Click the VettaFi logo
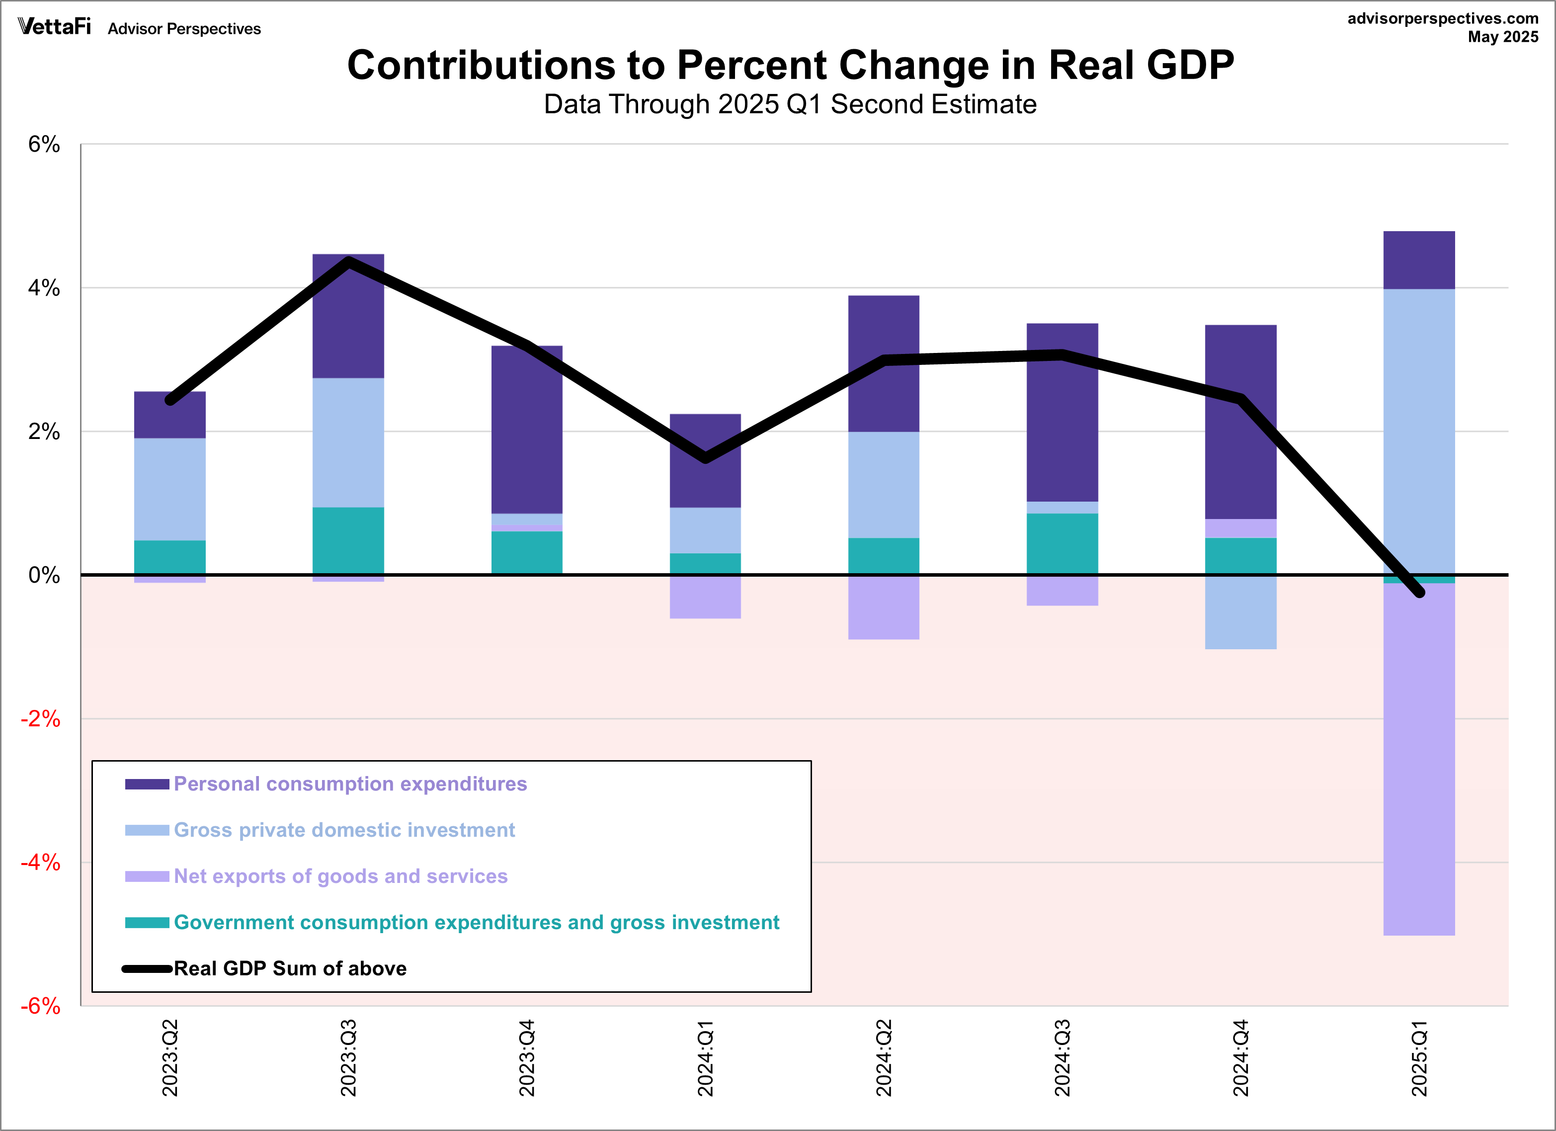[54, 27]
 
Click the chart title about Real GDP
[790, 66]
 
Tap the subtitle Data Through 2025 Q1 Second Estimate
[790, 104]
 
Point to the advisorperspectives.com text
[1442, 18]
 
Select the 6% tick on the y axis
[44, 145]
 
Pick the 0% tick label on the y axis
[44, 575]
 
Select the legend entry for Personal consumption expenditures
[350, 783]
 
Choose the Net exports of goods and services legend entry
[340, 876]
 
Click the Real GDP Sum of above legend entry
[290, 968]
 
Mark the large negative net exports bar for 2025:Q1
[1419, 758]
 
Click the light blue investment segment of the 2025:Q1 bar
[1419, 433]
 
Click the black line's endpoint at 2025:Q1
[1419, 592]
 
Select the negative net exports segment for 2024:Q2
[884, 608]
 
